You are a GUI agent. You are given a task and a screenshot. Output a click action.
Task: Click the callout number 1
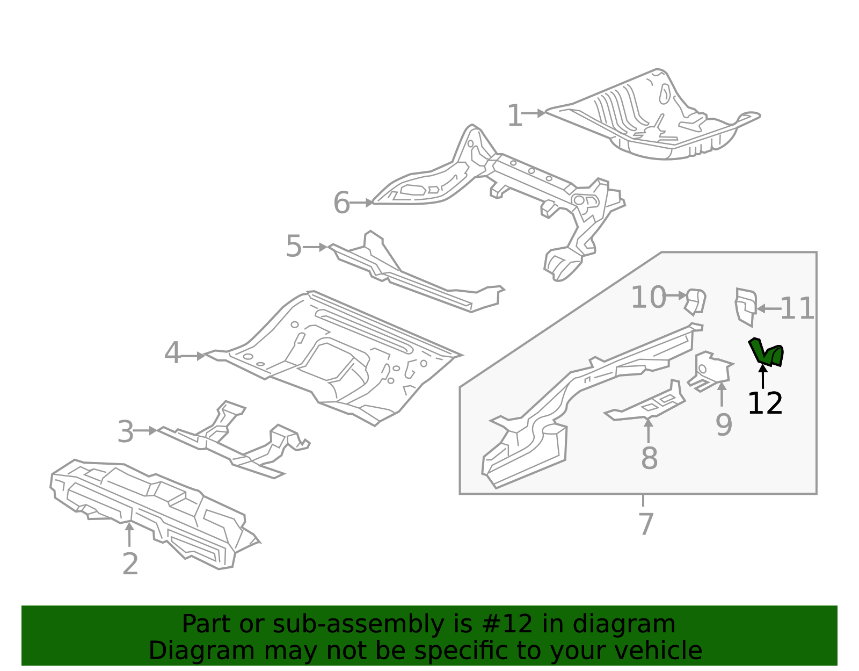click(x=514, y=116)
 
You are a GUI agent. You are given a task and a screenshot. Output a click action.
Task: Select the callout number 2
click(x=130, y=564)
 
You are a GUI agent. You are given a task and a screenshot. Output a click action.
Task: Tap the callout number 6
click(x=341, y=203)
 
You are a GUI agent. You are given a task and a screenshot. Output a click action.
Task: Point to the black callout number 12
click(x=765, y=403)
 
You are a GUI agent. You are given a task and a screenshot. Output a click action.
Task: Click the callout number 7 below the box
click(x=646, y=524)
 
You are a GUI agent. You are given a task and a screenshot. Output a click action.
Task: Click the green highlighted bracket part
click(x=766, y=353)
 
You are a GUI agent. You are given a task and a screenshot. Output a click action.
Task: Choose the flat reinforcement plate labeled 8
click(x=647, y=407)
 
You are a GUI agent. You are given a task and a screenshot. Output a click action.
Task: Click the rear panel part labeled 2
click(x=156, y=510)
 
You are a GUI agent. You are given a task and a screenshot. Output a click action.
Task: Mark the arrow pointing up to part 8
click(x=649, y=430)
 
